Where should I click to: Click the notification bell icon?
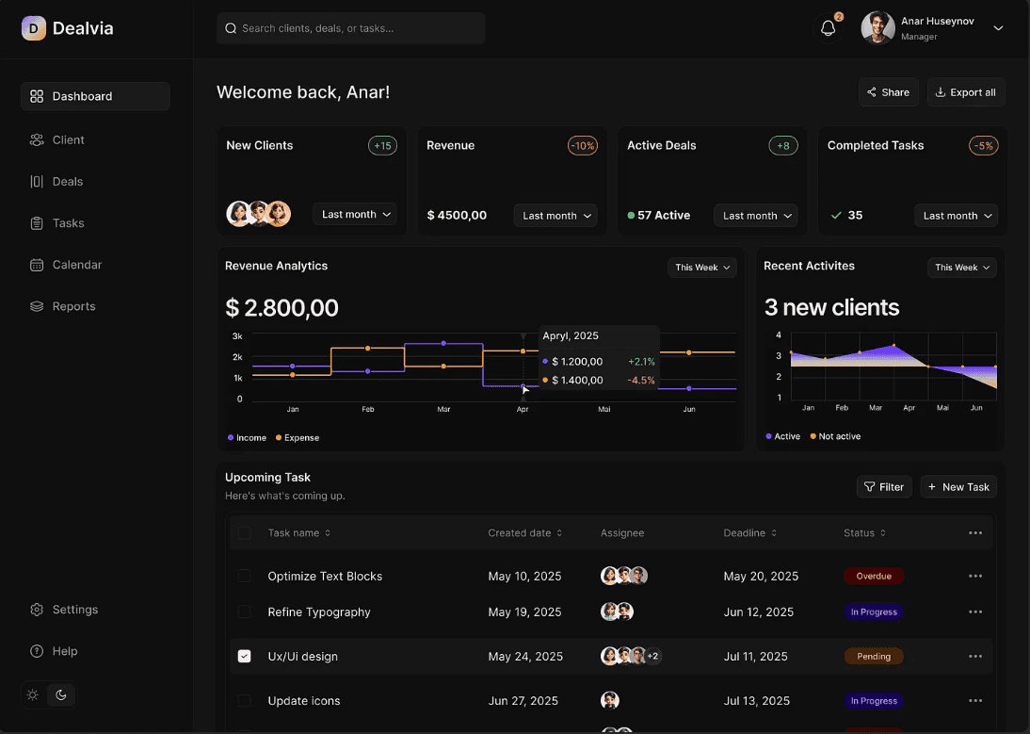pos(828,28)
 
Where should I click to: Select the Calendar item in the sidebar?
pos(76,265)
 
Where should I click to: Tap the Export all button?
pos(966,92)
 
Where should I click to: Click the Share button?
pos(888,92)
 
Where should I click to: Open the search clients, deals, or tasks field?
pos(351,28)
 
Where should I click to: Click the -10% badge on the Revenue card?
pos(583,146)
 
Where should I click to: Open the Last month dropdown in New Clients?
pos(355,215)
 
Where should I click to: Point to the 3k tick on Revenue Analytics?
pos(237,336)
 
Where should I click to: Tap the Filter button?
pos(884,487)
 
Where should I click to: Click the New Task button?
pos(958,487)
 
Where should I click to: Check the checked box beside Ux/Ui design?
pos(245,657)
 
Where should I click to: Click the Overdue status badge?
pos(874,576)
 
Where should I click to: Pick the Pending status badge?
pos(874,657)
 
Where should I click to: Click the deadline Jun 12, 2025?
pos(759,612)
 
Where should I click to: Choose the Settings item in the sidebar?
pos(74,610)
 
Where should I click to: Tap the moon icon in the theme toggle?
pos(61,695)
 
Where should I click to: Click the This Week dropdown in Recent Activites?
pos(961,268)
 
